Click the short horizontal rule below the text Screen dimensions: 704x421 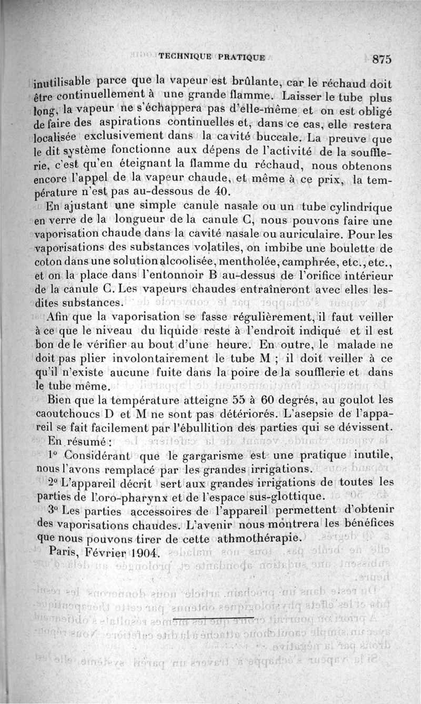coord(214,616)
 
